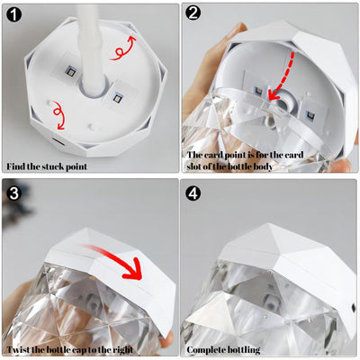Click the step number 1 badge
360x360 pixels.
pos(14,14)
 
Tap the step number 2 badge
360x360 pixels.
pos(193,13)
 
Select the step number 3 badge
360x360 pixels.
pos(14,193)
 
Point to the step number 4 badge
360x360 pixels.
pos(193,193)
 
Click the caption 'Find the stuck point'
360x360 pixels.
pos(47,166)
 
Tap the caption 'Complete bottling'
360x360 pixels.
pos(223,350)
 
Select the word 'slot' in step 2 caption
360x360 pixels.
pos(194,166)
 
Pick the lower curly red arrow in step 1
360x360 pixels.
pos(58,114)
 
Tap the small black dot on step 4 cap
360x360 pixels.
pos(352,307)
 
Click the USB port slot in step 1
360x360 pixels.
pos(58,141)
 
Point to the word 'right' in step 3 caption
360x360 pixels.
pos(122,350)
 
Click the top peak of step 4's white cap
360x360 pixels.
pos(264,223)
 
